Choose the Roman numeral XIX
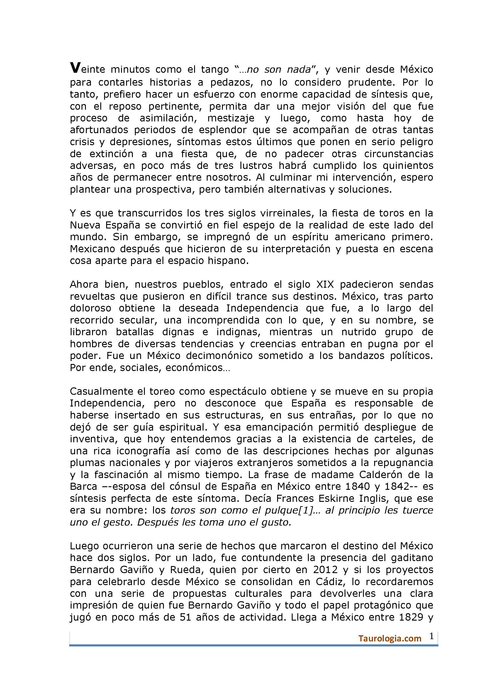[325, 284]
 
